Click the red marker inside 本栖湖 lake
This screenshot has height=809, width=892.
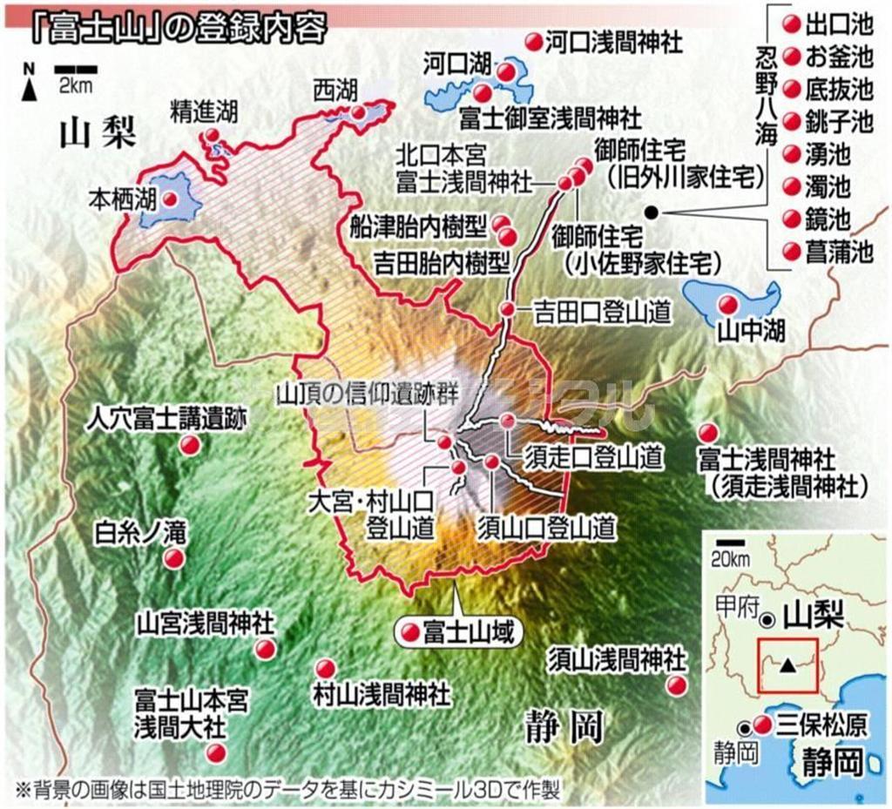172,199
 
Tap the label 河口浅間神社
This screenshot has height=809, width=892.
613,40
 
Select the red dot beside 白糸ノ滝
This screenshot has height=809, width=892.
175,558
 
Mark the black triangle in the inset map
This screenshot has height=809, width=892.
787,665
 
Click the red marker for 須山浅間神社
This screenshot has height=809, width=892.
678,686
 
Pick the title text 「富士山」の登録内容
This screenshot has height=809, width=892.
175,26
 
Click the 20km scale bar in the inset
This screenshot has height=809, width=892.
724,543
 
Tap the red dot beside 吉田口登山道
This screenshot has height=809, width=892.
507,309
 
